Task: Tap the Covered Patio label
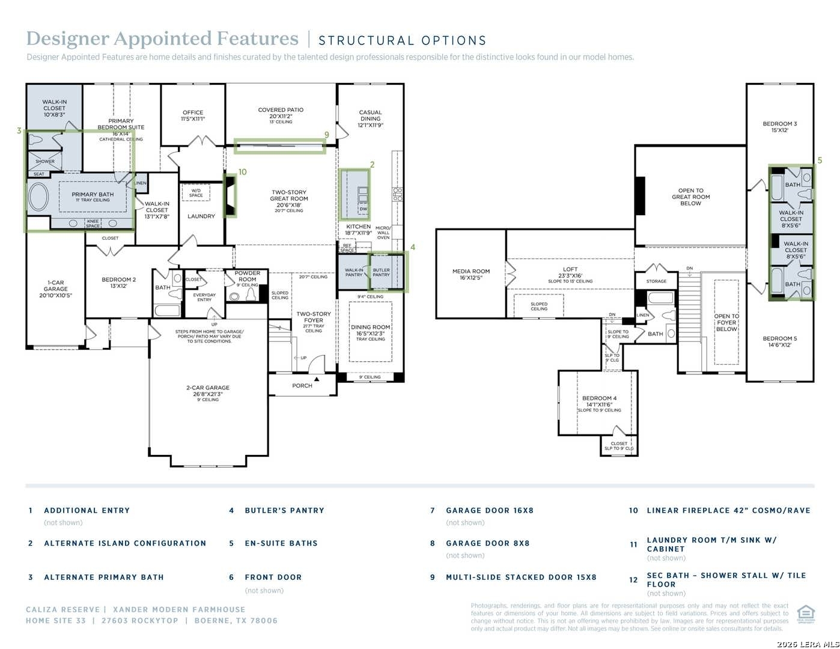[x=281, y=110]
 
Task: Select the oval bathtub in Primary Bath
[x=38, y=196]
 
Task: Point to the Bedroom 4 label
[x=599, y=398]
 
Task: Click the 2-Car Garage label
[x=208, y=388]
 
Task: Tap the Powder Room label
[x=248, y=276]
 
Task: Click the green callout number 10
[x=242, y=172]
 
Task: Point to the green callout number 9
[x=327, y=135]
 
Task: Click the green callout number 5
[x=820, y=160]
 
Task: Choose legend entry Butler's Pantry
[x=284, y=510]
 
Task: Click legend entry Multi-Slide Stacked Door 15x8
[x=521, y=577]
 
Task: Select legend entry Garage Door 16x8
[x=489, y=510]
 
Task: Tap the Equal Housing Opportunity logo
[x=806, y=615]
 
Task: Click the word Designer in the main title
[x=67, y=38]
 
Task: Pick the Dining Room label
[x=371, y=328]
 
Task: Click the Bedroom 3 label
[x=780, y=124]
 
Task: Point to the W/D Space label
[x=196, y=193]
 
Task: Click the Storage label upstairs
[x=656, y=281]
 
